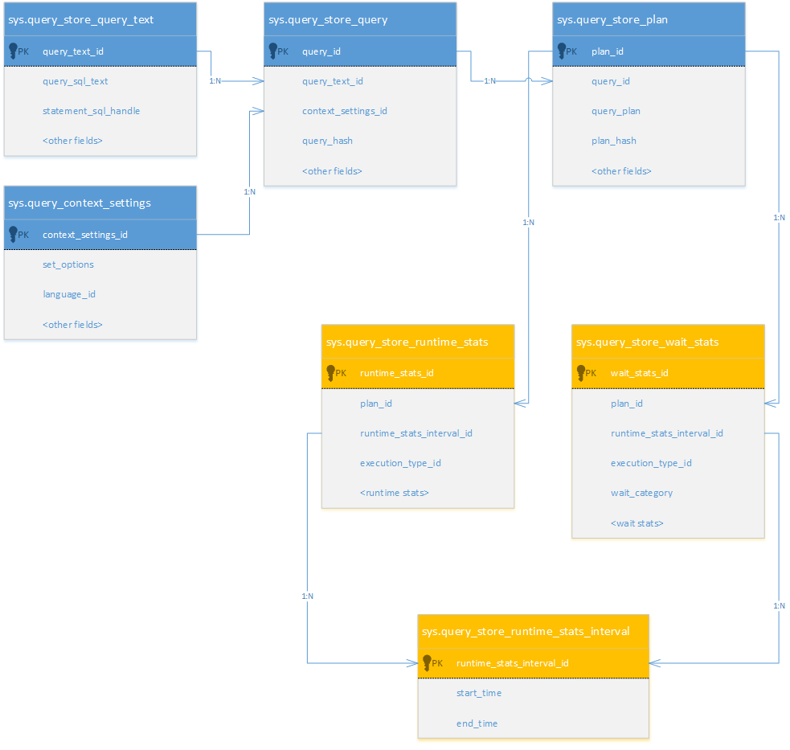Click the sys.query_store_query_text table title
[x=80, y=19]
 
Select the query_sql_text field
[x=75, y=81]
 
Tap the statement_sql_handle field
[x=91, y=111]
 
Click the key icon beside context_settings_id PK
[x=13, y=234]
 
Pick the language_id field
[x=68, y=294]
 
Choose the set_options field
[x=68, y=264]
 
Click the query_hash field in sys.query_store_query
[x=327, y=141]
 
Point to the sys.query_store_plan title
[x=612, y=19]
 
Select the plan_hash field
[x=613, y=141]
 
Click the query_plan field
[x=616, y=111]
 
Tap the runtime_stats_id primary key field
[x=396, y=373]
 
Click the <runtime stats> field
[x=394, y=493]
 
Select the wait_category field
[x=641, y=493]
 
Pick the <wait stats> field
[x=637, y=523]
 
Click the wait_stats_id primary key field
[x=639, y=373]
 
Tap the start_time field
[x=478, y=693]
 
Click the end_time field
[x=477, y=723]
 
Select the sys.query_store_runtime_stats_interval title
[x=525, y=631]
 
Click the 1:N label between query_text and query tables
[x=215, y=81]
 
